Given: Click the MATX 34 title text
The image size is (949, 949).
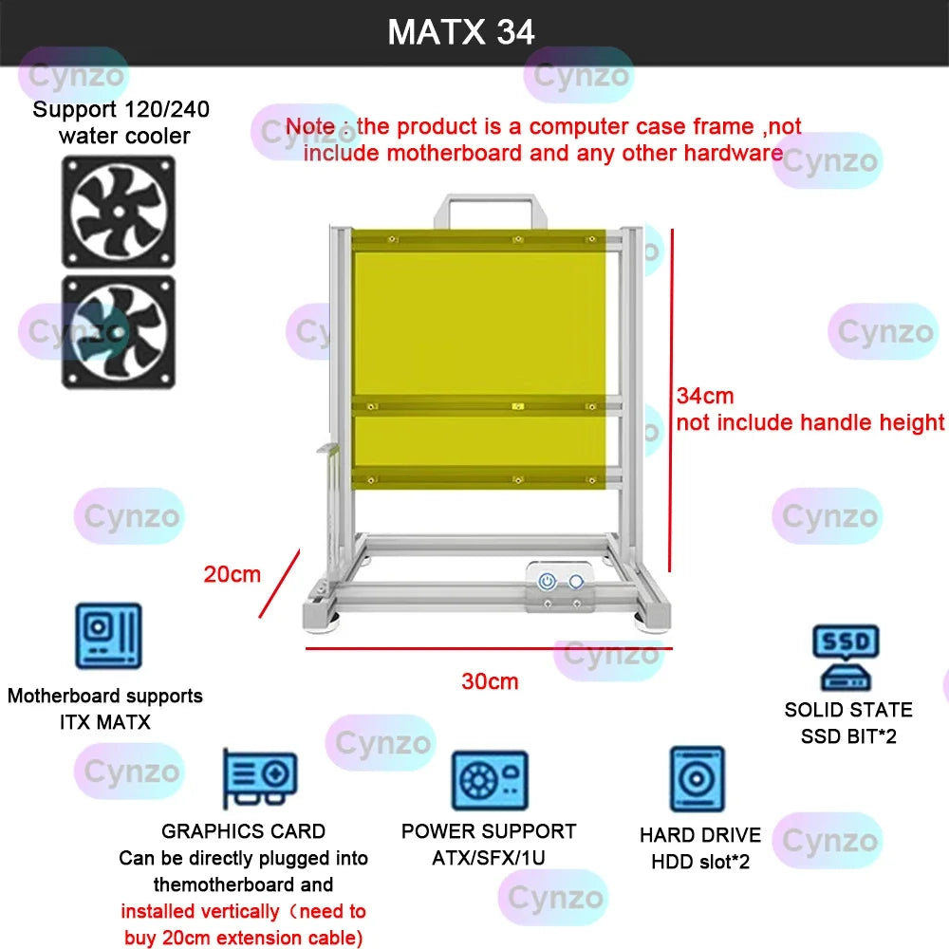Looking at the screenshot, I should click(x=461, y=32).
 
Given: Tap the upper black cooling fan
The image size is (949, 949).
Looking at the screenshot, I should click(x=119, y=211).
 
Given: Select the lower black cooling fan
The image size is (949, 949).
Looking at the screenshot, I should click(x=119, y=331).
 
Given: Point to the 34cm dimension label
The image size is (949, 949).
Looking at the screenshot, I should click(x=705, y=396).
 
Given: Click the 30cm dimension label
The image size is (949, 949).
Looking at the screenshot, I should click(x=490, y=681).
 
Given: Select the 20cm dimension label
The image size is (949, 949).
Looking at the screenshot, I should click(x=232, y=574).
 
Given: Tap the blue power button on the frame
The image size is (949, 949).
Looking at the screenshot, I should click(x=548, y=582).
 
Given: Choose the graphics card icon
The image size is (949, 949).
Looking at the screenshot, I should click(x=259, y=779).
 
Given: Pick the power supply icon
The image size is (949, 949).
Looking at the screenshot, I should click(x=489, y=780).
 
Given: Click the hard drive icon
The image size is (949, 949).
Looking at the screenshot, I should click(x=698, y=780).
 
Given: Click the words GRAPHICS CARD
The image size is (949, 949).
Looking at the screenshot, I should click(x=244, y=831).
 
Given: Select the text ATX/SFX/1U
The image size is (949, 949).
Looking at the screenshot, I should click(x=489, y=858).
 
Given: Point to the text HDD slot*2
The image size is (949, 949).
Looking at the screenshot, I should click(x=700, y=862).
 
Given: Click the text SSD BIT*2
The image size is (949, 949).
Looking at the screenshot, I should click(x=848, y=735).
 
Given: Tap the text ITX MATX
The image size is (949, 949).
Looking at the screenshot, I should click(x=104, y=722).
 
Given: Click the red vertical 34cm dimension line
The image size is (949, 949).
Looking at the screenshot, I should click(x=671, y=399).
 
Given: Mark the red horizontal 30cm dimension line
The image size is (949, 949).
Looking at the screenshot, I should click(x=489, y=649).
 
